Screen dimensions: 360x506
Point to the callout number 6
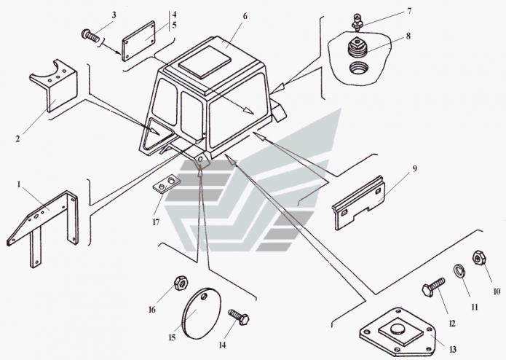(x=225, y=15)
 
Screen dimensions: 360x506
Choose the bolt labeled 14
(x=240, y=318)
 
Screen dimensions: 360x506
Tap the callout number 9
(x=414, y=169)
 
